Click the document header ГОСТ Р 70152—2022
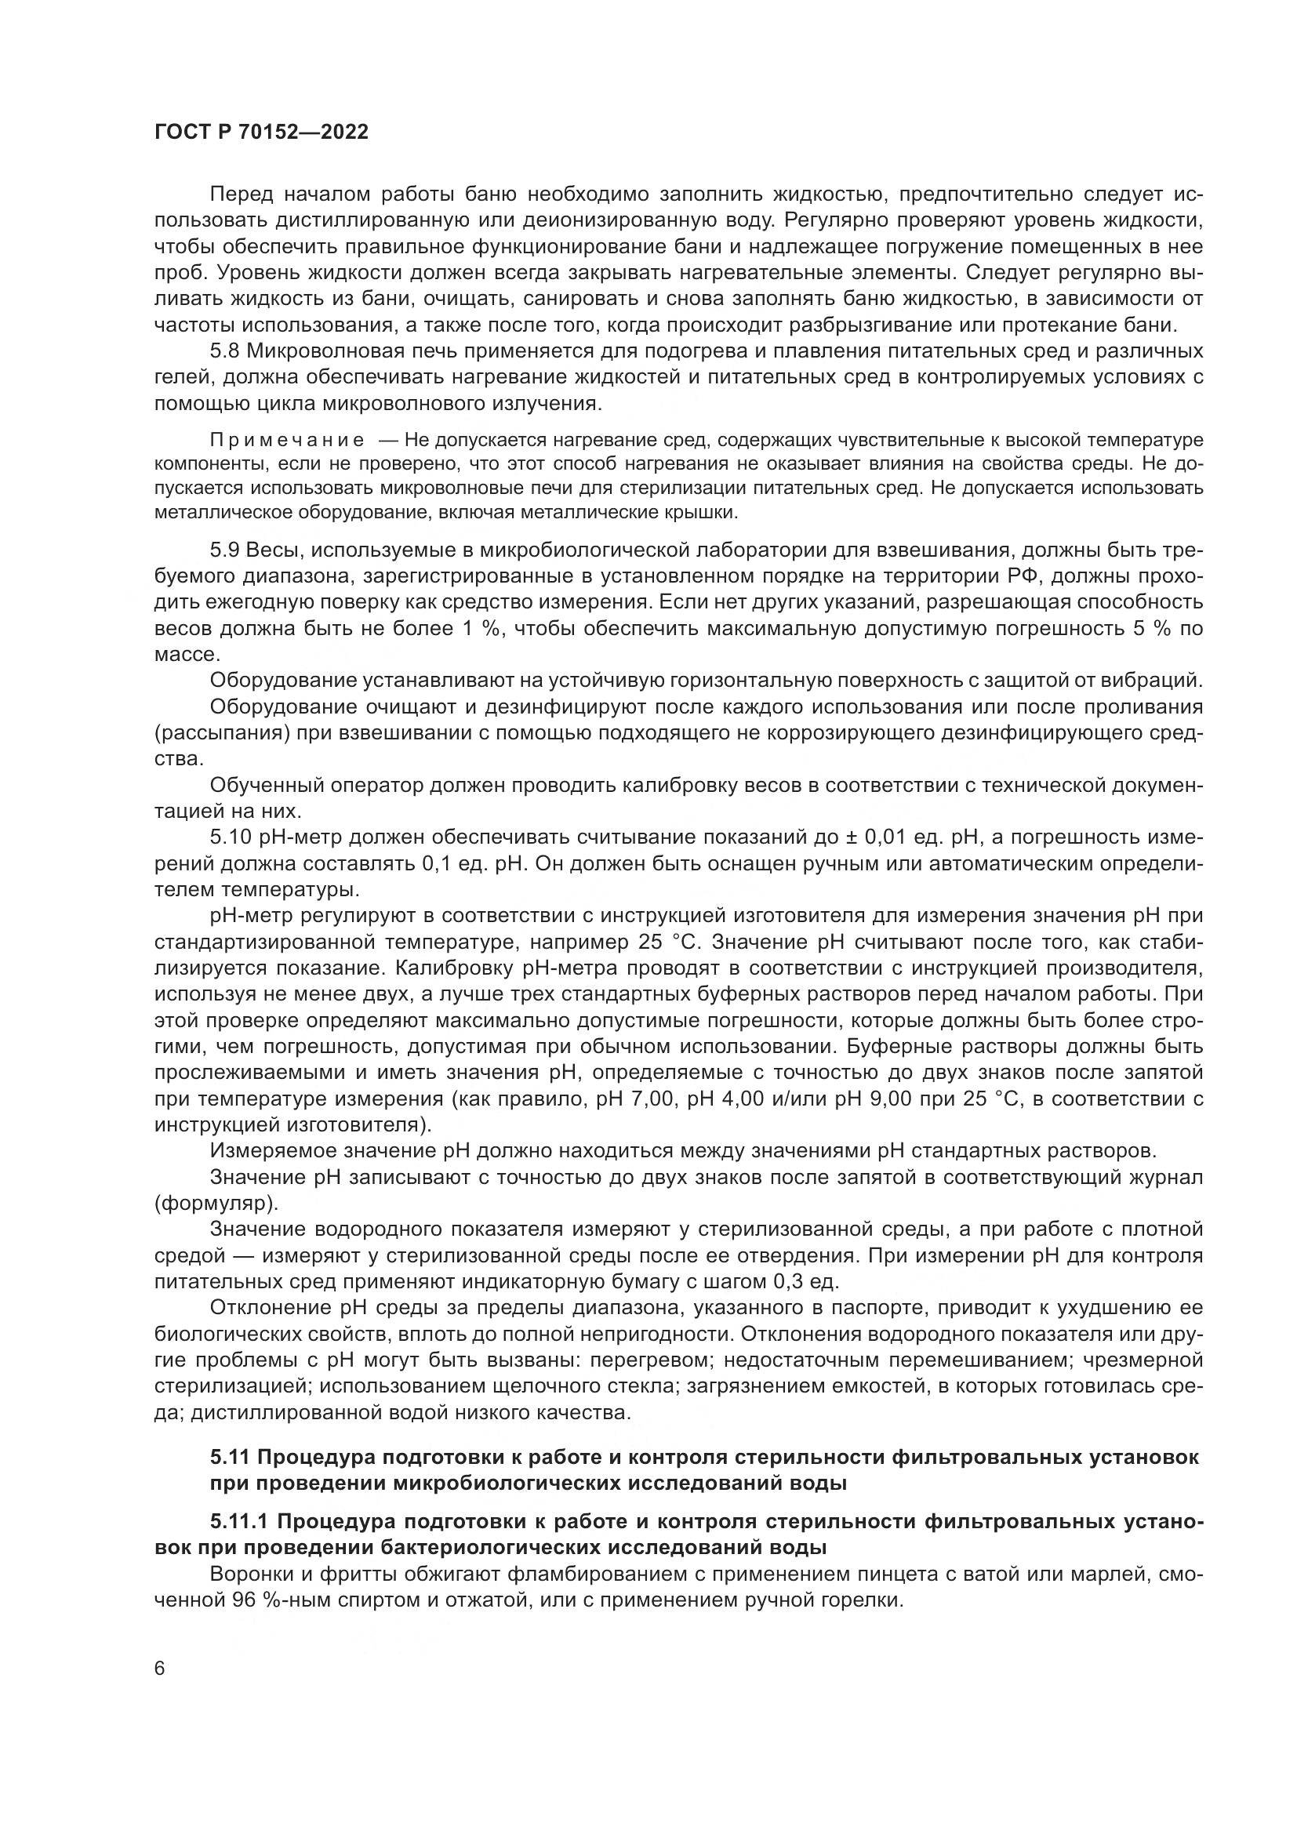pos(261,133)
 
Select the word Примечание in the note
pos(287,440)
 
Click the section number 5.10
pos(231,837)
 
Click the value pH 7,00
pos(630,1099)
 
